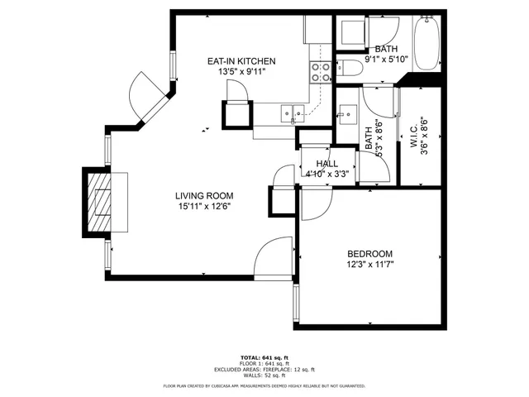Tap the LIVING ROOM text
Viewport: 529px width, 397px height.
pos(202,196)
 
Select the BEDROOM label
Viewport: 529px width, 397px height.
pos(369,254)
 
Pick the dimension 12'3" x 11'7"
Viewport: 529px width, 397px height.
pos(369,265)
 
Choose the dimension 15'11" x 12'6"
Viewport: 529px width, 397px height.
pos(202,207)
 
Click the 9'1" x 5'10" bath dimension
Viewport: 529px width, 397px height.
pos(385,60)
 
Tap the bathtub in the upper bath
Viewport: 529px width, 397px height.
pos(428,43)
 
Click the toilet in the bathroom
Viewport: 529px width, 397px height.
pos(347,69)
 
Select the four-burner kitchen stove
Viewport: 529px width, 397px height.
pos(320,72)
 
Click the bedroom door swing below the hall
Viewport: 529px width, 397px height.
pos(314,203)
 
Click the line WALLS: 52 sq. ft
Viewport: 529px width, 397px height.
pos(264,375)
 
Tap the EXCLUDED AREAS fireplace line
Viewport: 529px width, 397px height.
pos(264,369)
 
